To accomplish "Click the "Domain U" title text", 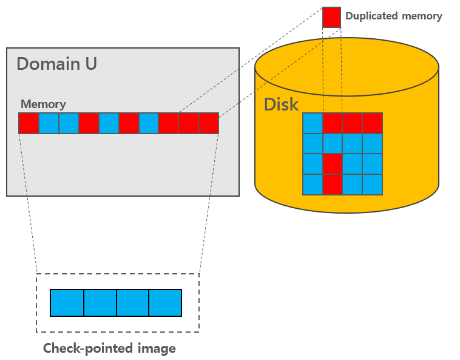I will pyautogui.click(x=56, y=64).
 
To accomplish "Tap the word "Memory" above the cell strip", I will pyautogui.click(x=43, y=104).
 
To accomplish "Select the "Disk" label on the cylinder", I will pyautogui.click(x=281, y=104).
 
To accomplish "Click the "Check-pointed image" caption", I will pyautogui.click(x=109, y=348).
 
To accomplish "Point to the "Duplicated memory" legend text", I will pyautogui.click(x=393, y=16).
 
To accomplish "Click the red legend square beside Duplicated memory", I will pyautogui.click(x=331, y=17).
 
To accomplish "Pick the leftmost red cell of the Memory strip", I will pyautogui.click(x=29, y=123).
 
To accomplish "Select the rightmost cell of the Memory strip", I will pyautogui.click(x=208, y=123).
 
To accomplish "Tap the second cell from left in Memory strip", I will pyautogui.click(x=49, y=123).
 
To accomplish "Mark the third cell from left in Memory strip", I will pyautogui.click(x=69, y=123).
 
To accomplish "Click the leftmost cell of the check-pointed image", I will pyautogui.click(x=67, y=303).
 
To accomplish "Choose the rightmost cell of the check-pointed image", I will pyautogui.click(x=165, y=303).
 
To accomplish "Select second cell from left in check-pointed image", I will pyautogui.click(x=100, y=303).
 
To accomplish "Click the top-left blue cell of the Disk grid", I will pyautogui.click(x=313, y=123).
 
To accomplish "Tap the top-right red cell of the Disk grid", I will pyautogui.click(x=372, y=123).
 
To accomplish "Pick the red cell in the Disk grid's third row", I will pyautogui.click(x=333, y=164).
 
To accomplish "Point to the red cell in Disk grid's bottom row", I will pyautogui.click(x=333, y=184).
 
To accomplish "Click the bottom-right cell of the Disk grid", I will pyautogui.click(x=372, y=184).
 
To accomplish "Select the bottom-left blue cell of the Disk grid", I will pyautogui.click(x=313, y=184).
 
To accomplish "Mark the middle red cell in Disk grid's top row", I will pyautogui.click(x=352, y=123).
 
